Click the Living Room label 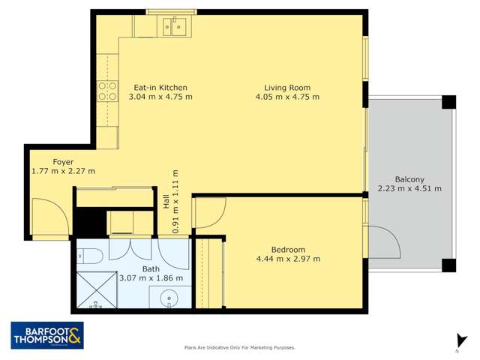[x=287, y=87]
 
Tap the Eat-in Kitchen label [x=160, y=87]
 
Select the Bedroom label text [x=288, y=250]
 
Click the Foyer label [x=63, y=161]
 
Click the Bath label [x=151, y=268]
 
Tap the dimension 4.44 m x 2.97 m [x=288, y=259]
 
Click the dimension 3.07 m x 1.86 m [x=151, y=278]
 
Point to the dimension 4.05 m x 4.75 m [x=287, y=97]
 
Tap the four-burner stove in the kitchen [x=106, y=91]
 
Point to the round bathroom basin [x=172, y=299]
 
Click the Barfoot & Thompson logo [x=47, y=335]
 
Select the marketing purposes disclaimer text [x=240, y=347]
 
